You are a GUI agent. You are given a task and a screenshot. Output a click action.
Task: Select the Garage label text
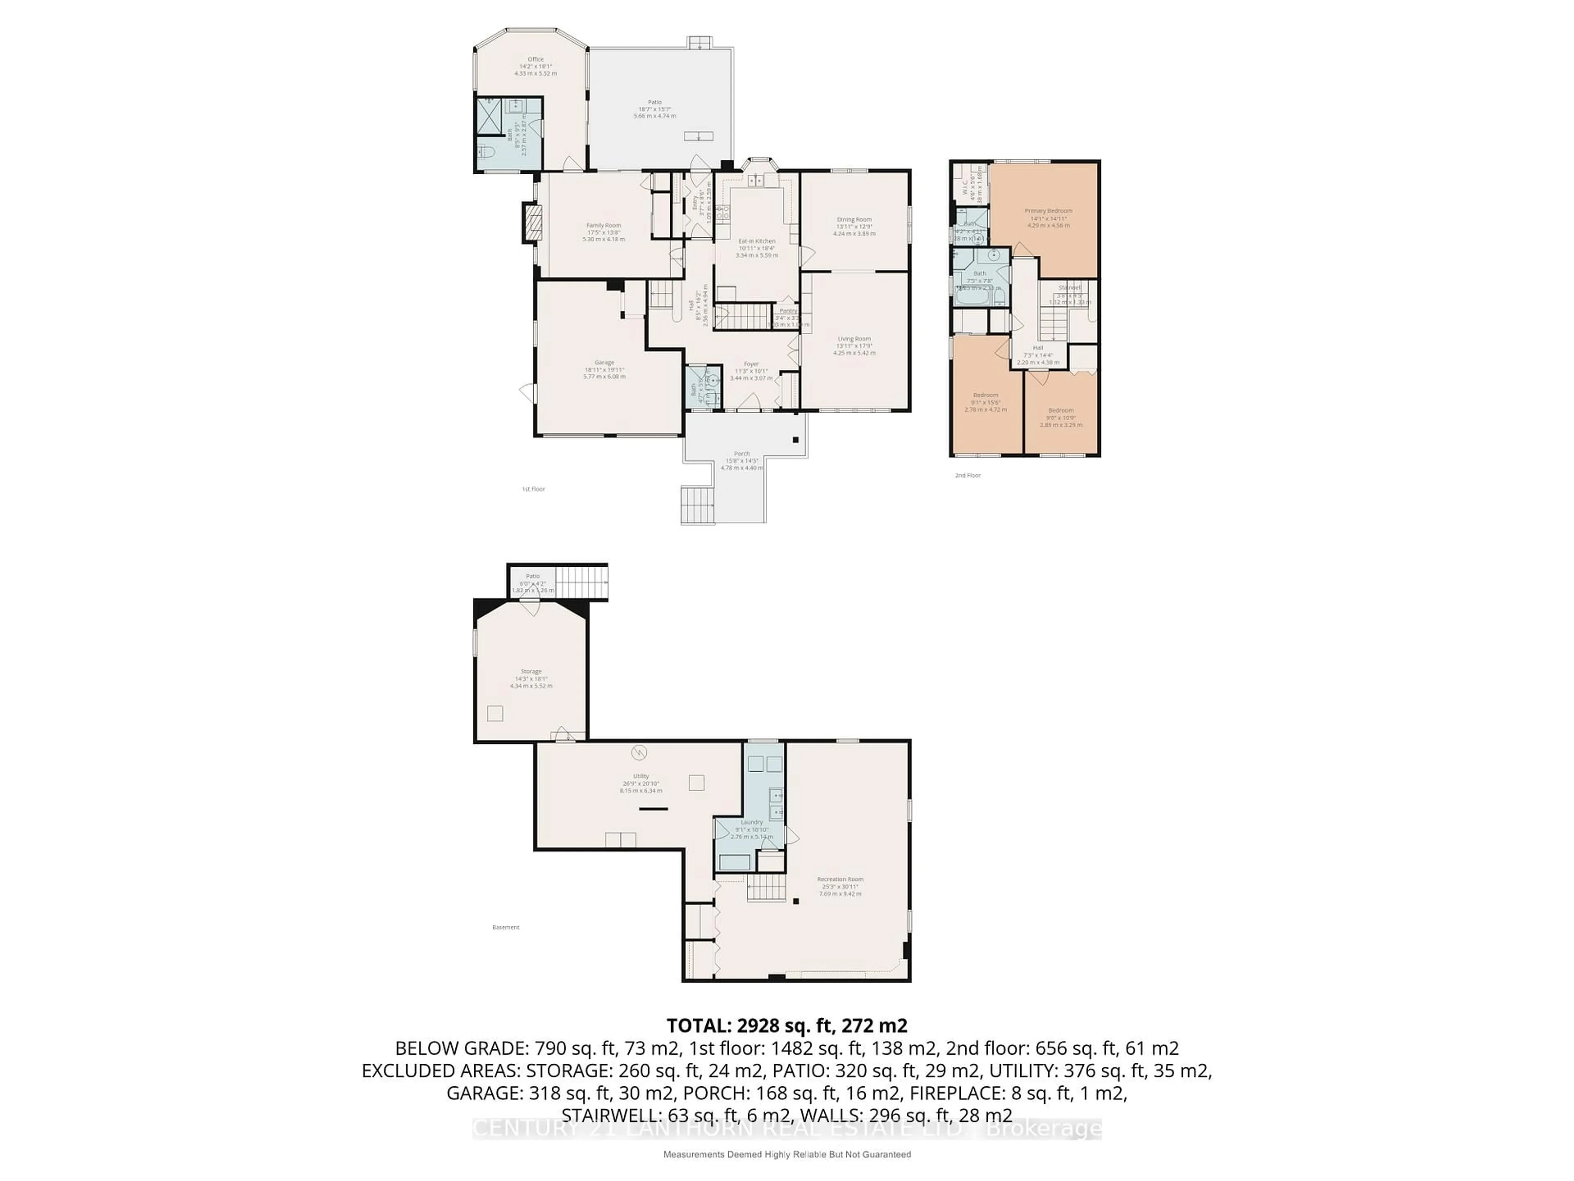[604, 363]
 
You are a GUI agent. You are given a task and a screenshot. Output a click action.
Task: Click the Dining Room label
[854, 220]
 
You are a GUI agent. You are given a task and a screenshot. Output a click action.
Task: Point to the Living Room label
[854, 339]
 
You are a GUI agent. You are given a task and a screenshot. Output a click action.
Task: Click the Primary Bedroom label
[1048, 211]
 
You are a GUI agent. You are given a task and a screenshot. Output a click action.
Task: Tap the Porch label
[742, 454]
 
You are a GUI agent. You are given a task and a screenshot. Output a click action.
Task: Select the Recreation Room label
[839, 879]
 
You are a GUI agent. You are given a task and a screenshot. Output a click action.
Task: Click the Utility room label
[640, 776]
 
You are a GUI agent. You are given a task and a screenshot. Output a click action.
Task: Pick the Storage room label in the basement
[531, 671]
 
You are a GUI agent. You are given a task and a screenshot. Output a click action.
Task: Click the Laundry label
[751, 822]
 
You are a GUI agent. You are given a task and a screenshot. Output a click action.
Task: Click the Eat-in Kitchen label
[756, 241]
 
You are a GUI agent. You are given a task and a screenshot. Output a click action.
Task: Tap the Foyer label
[751, 364]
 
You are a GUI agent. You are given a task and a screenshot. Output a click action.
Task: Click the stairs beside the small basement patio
[581, 581]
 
